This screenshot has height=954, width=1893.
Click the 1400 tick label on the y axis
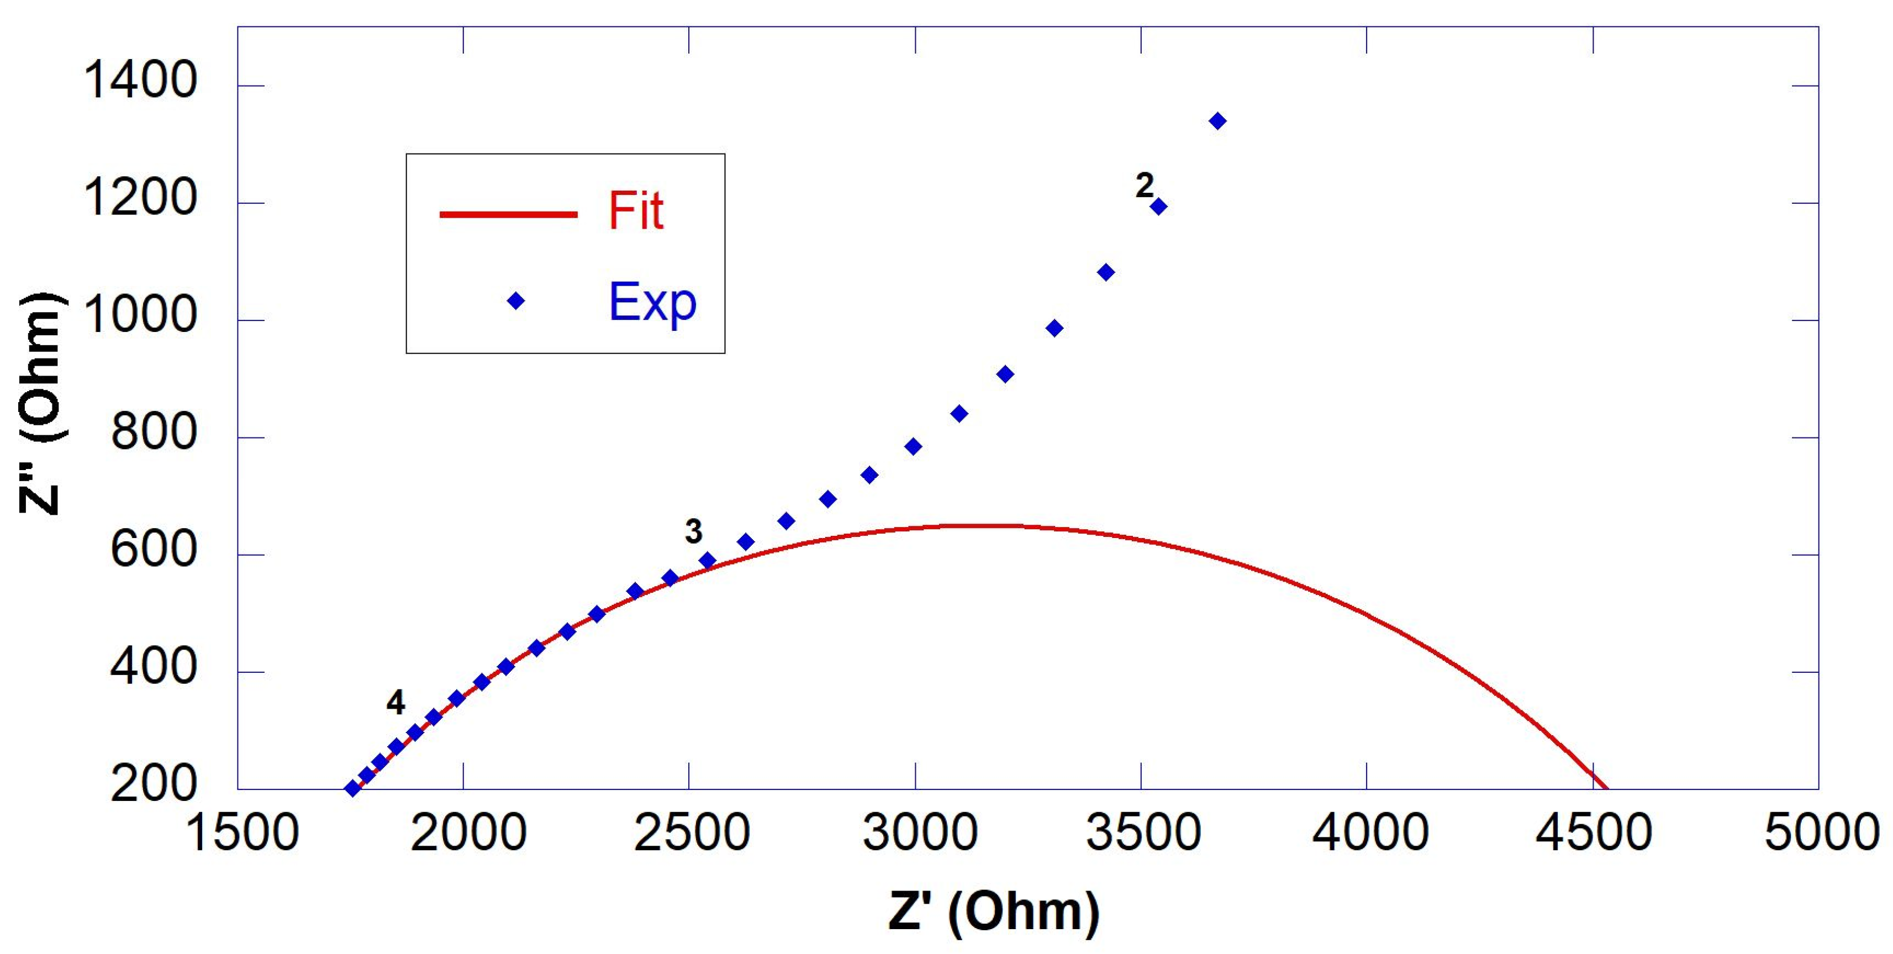(x=140, y=80)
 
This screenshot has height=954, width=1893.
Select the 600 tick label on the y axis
(x=154, y=549)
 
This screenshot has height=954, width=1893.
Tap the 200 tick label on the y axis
(x=154, y=784)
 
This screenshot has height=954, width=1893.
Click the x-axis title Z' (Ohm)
(x=994, y=911)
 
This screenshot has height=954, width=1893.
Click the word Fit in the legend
(x=636, y=211)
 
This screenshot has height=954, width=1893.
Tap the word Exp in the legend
(x=652, y=302)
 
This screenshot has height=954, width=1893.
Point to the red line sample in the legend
(x=509, y=214)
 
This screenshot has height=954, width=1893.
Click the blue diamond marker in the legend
(x=516, y=301)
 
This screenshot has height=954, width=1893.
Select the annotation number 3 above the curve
(x=694, y=531)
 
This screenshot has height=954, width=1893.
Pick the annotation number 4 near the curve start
(x=396, y=703)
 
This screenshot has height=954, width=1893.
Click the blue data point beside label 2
(x=1159, y=207)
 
